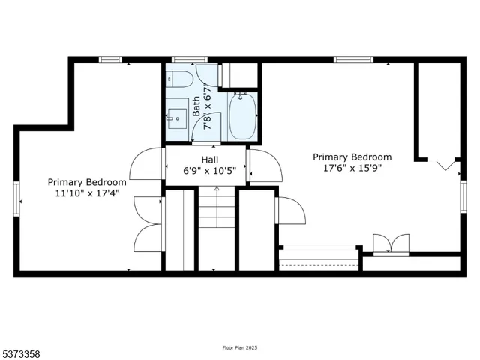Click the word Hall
point(210,160)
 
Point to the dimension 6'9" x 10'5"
point(210,171)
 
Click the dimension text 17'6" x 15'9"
point(352,169)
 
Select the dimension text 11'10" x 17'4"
point(87,194)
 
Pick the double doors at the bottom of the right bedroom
point(391,244)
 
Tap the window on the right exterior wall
point(461,193)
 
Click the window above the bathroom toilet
point(184,59)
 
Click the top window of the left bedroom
point(111,59)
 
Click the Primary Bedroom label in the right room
point(352,157)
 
